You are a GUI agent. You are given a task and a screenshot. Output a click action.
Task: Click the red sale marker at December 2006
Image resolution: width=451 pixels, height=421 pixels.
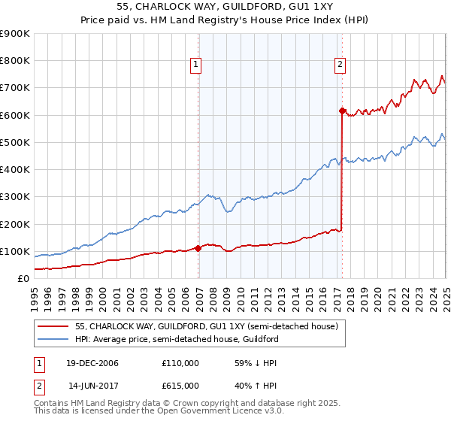click(x=198, y=248)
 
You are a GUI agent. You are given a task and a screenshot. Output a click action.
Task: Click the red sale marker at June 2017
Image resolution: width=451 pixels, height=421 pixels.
click(x=342, y=111)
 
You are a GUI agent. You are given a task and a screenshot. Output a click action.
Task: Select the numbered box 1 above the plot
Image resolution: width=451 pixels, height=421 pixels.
click(x=195, y=65)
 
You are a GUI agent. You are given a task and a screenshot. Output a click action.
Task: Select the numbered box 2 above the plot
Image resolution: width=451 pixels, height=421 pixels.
click(x=340, y=65)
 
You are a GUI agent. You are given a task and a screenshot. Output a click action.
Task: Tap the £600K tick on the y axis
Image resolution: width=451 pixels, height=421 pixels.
click(x=15, y=115)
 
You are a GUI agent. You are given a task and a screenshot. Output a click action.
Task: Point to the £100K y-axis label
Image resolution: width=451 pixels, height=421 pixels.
click(x=15, y=251)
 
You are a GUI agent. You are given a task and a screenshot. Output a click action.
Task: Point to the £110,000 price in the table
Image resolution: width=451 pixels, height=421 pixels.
click(x=180, y=363)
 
